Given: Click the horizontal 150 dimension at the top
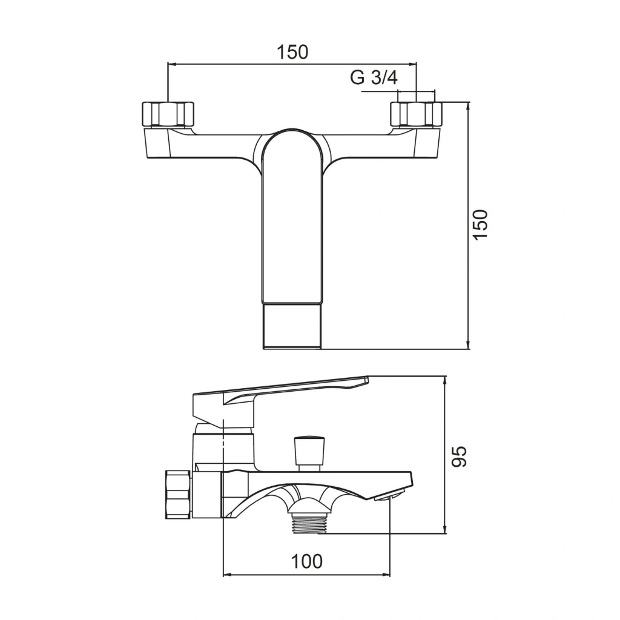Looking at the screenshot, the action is pyautogui.click(x=292, y=52).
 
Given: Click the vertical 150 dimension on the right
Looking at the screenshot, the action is pyautogui.click(x=481, y=224).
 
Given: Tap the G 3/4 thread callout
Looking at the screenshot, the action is pyautogui.click(x=374, y=77).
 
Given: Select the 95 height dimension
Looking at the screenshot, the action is pyautogui.click(x=459, y=457).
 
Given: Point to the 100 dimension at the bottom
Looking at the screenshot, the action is pyautogui.click(x=307, y=561).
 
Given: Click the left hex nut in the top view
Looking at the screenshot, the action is pyautogui.click(x=168, y=114).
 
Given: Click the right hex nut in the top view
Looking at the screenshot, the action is pyautogui.click(x=416, y=114).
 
